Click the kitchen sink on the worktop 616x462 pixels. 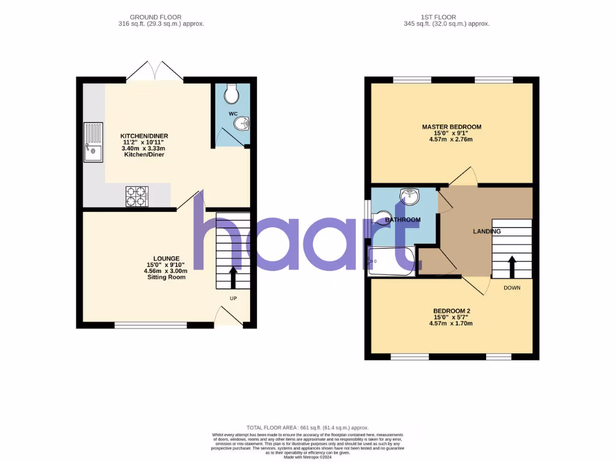coord(93,143)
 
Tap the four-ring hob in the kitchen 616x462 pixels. coord(137,197)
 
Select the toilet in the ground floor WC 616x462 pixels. coord(231,93)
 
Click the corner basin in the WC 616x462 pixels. coord(242,124)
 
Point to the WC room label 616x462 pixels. coord(233,113)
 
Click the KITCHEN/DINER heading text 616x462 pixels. coord(144,136)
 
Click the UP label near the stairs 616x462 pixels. coord(232,298)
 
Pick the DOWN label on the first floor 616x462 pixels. coord(512,288)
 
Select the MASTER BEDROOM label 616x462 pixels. coord(451,127)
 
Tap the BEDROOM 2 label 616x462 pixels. coord(451,310)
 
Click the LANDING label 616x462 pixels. coord(487,231)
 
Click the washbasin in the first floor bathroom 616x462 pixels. coord(410,194)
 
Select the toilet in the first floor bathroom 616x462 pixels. coord(381,217)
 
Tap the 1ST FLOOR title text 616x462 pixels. coord(446,17)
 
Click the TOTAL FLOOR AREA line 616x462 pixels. coord(307,427)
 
